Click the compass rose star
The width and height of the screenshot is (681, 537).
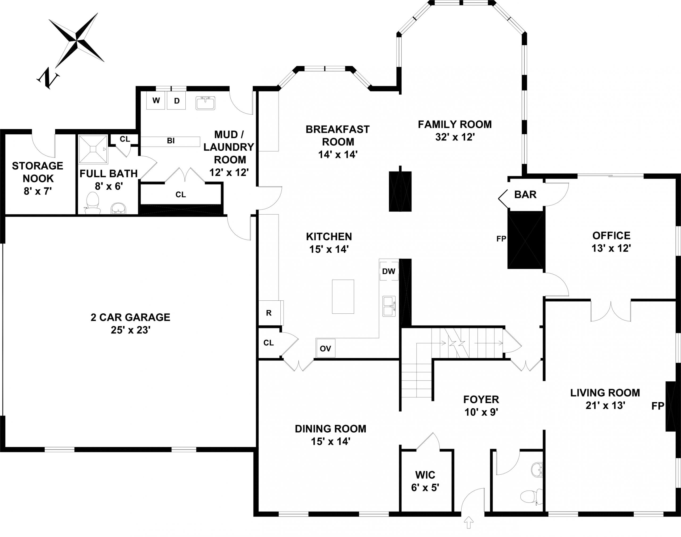(77, 40)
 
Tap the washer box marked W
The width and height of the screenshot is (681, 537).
(156, 100)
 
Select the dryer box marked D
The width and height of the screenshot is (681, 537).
(176, 101)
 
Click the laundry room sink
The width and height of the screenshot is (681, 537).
(205, 103)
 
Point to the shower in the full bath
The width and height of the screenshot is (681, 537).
(93, 150)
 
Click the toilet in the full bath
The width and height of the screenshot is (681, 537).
(93, 203)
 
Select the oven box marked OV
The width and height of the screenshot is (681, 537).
(326, 348)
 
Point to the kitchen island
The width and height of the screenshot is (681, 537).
(343, 296)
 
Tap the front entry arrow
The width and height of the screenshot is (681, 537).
(469, 522)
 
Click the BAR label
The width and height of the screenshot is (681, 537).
(525, 195)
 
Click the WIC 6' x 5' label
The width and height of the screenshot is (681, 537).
(425, 481)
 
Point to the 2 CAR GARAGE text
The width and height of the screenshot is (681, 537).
(130, 317)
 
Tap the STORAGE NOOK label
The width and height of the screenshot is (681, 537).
(38, 172)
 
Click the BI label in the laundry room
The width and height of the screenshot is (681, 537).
(171, 141)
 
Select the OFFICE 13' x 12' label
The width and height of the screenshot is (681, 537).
(611, 242)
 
